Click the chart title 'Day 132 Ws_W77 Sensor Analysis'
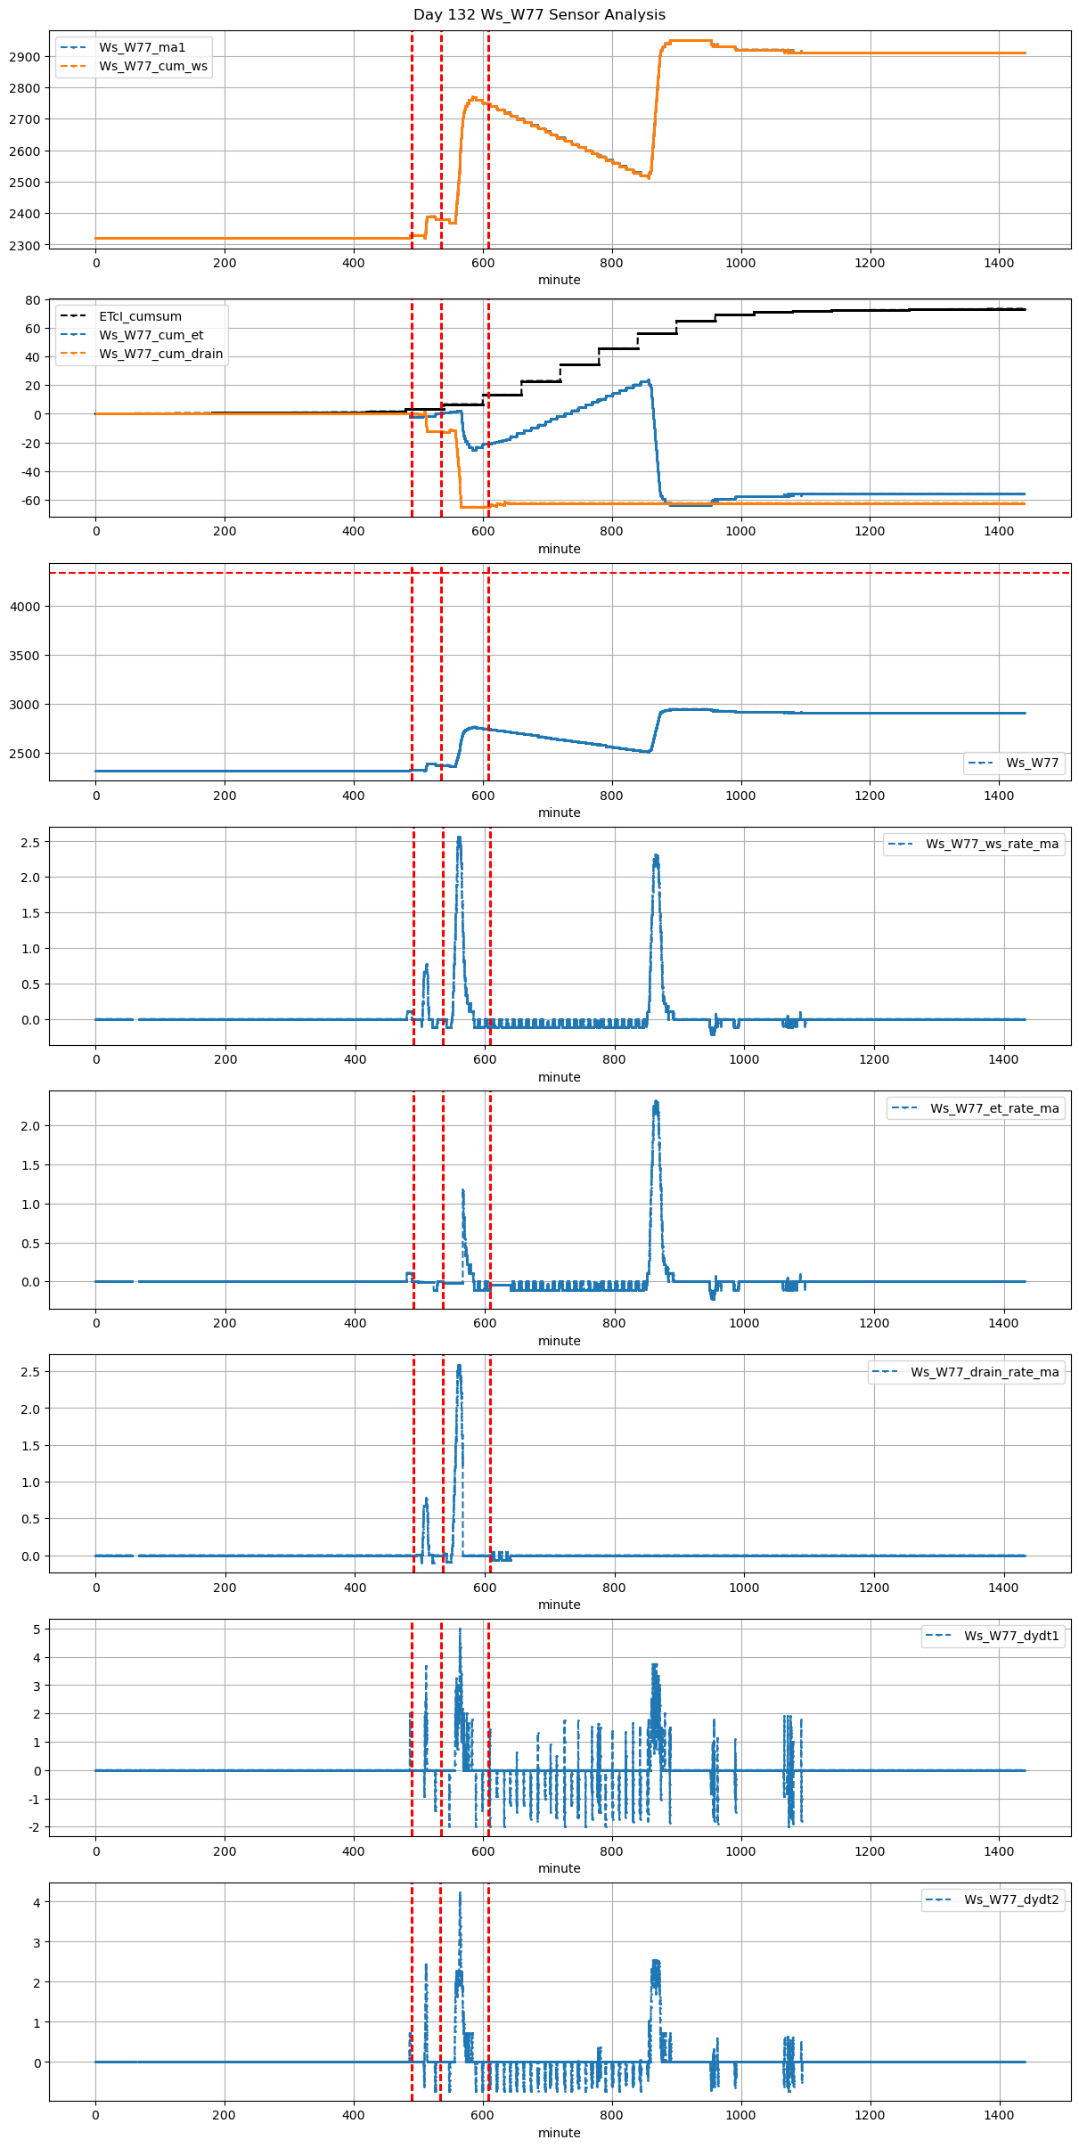coord(539,15)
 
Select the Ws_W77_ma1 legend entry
coord(142,47)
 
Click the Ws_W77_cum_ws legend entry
coord(152,66)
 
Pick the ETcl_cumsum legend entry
coord(140,316)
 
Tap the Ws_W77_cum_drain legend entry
coord(160,354)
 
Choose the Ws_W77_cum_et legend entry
coord(151,335)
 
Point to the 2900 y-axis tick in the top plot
coord(25,57)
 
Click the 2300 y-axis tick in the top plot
coord(25,246)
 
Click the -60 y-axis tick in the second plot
coord(30,501)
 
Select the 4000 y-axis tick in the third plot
coord(25,607)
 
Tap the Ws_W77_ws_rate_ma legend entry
coord(992,844)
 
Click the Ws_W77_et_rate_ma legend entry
coord(994,1108)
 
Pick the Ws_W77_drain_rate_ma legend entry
coord(985,1372)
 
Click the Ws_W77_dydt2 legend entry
coord(1011,1899)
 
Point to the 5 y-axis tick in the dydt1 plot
coord(37,1629)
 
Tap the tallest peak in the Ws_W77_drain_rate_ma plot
coord(459,1366)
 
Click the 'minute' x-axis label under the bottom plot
coord(559,2133)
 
